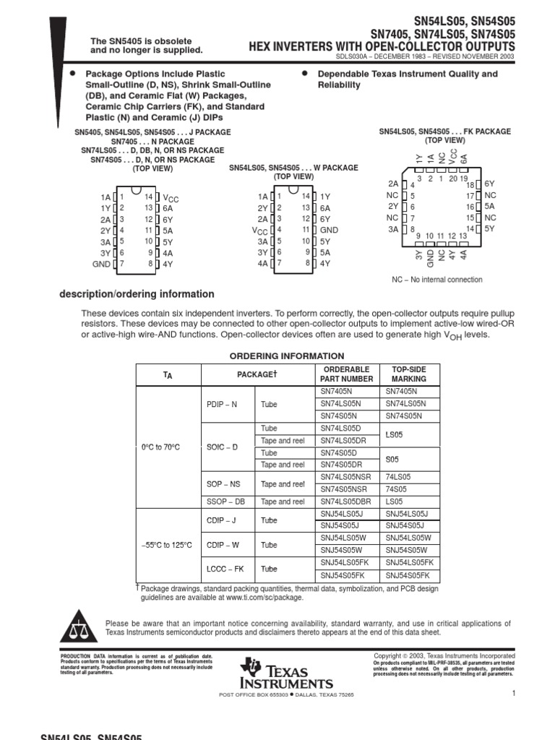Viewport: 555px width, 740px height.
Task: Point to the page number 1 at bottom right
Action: click(512, 694)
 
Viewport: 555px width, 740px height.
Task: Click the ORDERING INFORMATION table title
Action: click(287, 356)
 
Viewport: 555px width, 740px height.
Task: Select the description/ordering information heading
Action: click(136, 294)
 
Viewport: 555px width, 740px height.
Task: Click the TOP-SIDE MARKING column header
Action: click(408, 374)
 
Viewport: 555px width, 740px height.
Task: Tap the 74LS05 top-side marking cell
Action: click(397, 478)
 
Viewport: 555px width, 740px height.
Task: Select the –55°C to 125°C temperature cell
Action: click(167, 545)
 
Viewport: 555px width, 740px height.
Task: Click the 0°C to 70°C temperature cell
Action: click(167, 447)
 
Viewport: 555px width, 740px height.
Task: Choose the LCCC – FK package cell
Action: click(222, 569)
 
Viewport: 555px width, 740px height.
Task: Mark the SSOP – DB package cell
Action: click(222, 502)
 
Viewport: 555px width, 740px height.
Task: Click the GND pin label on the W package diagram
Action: click(329, 229)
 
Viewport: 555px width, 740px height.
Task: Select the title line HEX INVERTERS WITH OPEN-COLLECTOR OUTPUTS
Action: click(382, 46)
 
